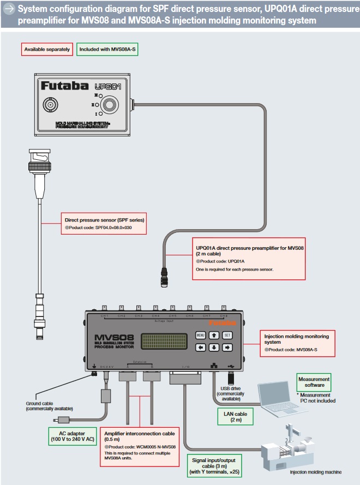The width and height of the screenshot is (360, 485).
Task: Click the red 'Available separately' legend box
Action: point(47,49)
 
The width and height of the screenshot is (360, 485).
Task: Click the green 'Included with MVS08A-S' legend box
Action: point(107,49)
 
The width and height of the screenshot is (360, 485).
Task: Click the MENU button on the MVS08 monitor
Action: point(200,335)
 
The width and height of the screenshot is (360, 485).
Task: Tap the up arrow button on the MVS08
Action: point(214,335)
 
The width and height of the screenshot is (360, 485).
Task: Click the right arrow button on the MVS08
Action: point(227,347)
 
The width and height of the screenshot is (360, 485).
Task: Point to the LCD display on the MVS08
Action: point(163,341)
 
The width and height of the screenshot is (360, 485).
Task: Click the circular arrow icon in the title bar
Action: point(9,9)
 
